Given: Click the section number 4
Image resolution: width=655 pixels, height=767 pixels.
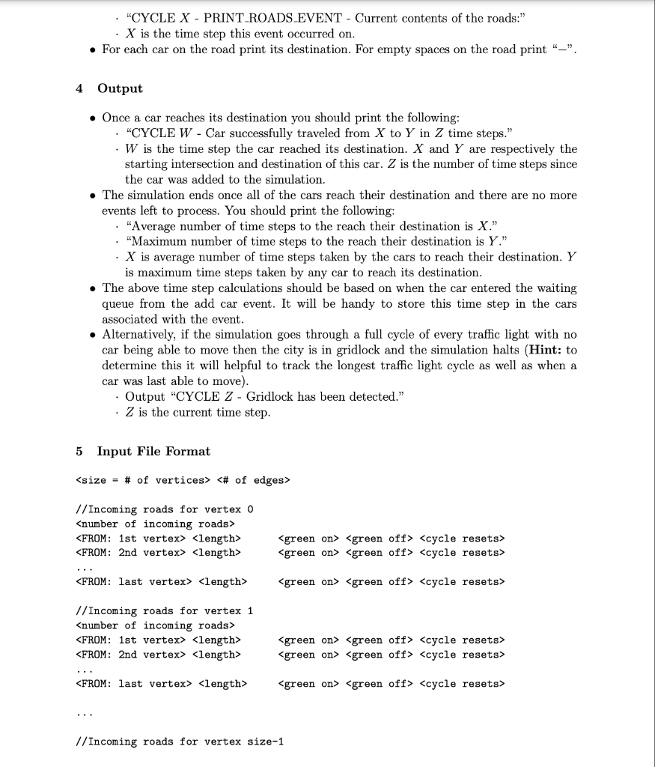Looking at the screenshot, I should pyautogui.click(x=79, y=88).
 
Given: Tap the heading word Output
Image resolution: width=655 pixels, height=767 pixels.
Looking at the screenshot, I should pyautogui.click(x=120, y=88).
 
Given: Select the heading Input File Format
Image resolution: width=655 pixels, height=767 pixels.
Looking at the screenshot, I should pyautogui.click(x=153, y=451).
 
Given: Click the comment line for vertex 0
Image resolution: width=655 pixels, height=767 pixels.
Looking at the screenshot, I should pyautogui.click(x=165, y=509).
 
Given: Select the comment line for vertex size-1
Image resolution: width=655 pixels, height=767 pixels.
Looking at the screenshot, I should pyautogui.click(x=180, y=742).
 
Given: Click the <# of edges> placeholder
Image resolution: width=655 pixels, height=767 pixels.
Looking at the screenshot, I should pyautogui.click(x=253, y=480).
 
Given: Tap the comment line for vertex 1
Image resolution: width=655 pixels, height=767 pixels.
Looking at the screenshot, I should pyautogui.click(x=165, y=610).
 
